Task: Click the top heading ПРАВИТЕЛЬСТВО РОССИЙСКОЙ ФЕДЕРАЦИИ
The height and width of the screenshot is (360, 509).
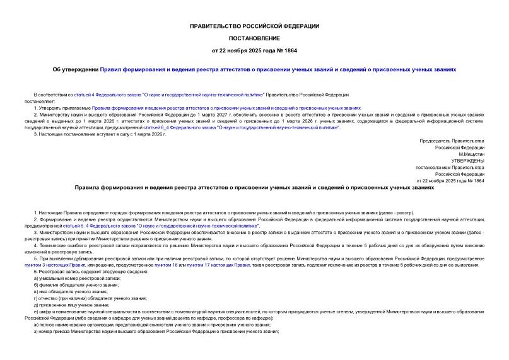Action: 254,26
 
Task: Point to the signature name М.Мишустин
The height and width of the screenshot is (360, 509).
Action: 471,154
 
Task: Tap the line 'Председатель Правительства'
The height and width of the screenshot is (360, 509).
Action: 452,140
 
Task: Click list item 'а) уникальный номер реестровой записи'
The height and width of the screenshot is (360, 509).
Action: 79,279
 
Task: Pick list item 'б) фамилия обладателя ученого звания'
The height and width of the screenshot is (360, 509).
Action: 78,285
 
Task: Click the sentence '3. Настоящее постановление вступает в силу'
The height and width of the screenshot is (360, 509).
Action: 100,134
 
